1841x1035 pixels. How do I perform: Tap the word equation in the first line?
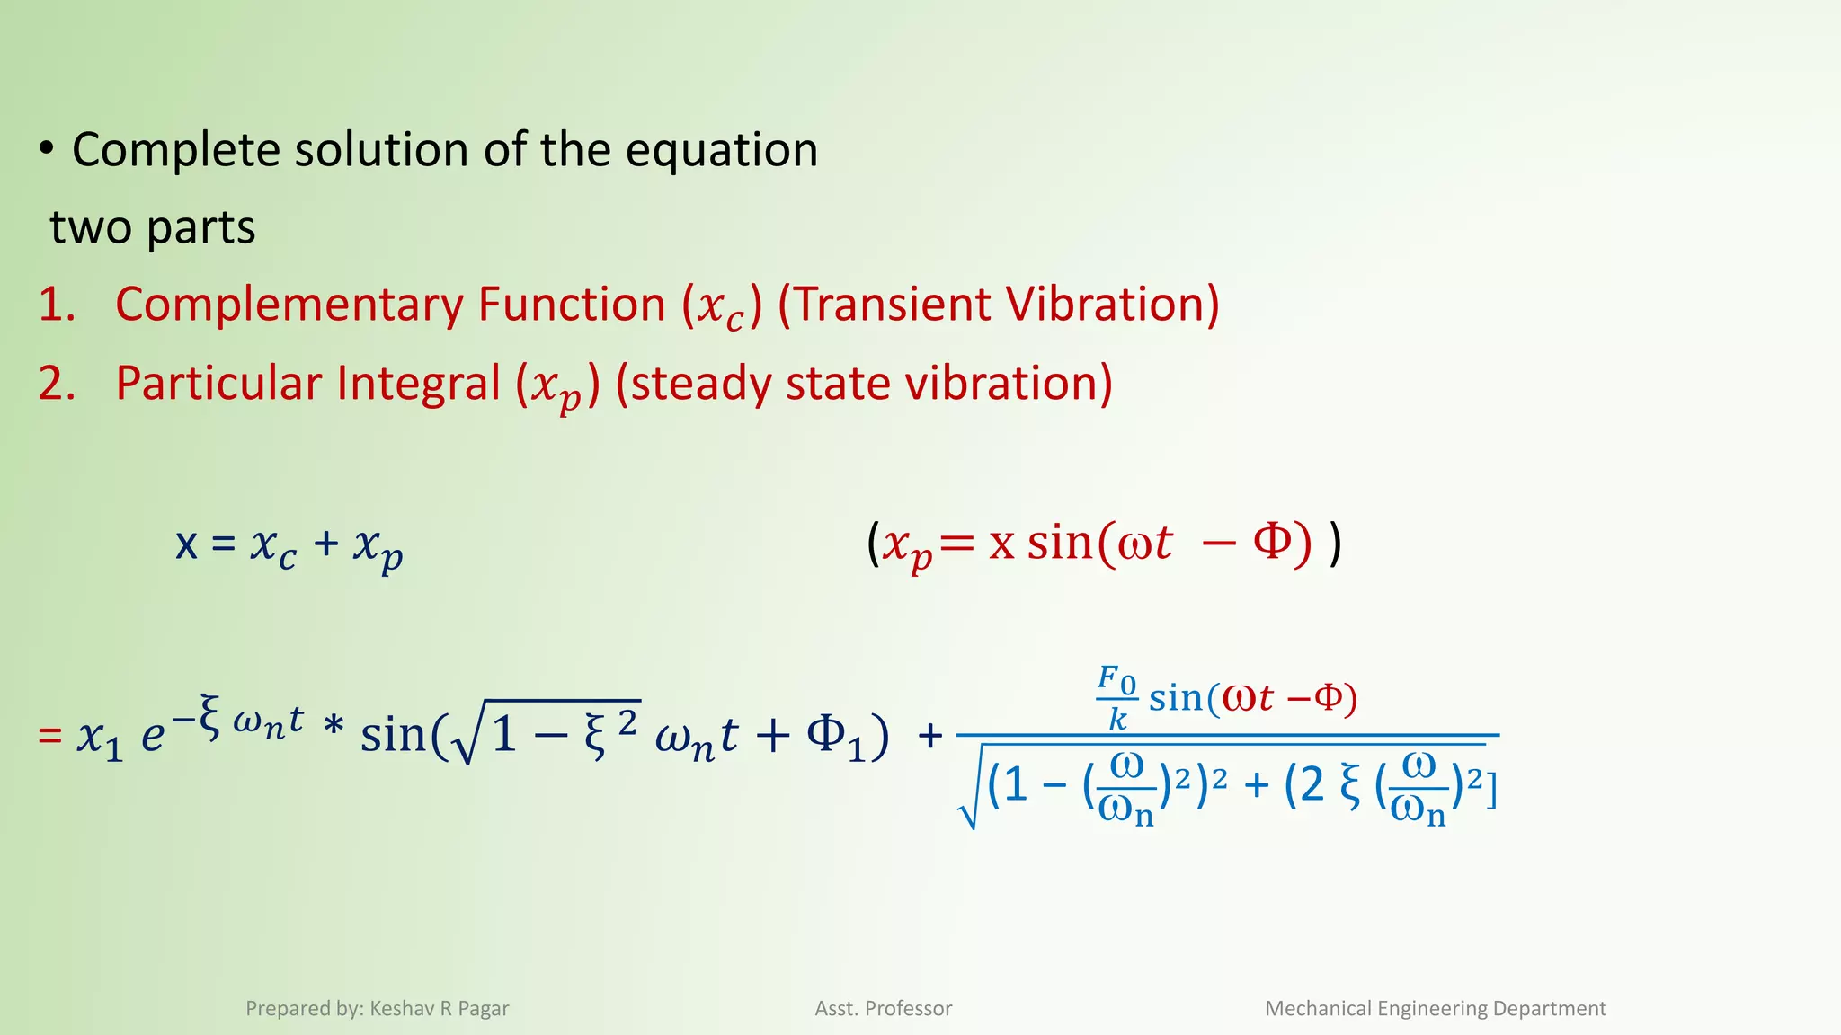tap(721, 150)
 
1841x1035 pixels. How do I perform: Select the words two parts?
tap(153, 227)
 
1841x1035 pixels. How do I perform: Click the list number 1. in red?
tap(57, 305)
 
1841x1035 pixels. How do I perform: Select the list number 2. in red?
tap(57, 384)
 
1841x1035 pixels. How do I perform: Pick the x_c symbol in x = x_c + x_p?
tap(273, 546)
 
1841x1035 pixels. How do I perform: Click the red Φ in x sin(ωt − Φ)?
tap(1273, 542)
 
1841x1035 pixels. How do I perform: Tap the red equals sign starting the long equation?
tap(49, 737)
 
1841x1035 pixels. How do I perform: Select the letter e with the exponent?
tap(153, 737)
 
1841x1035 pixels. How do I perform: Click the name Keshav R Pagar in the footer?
tap(440, 1009)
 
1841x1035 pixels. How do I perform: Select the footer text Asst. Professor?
tap(884, 1009)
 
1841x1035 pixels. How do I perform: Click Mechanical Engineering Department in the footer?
tap(1435, 1009)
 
